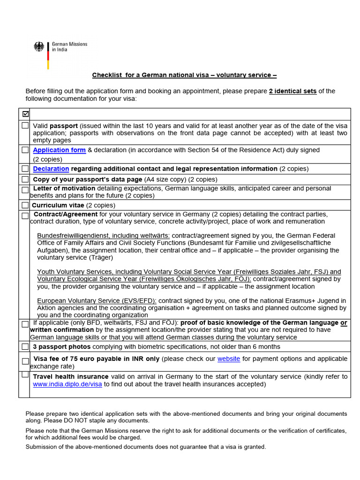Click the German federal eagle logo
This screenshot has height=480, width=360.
[x=39, y=47]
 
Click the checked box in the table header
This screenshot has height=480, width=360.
[x=25, y=114]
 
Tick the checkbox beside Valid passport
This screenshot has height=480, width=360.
[x=25, y=126]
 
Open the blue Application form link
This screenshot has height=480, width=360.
[x=59, y=150]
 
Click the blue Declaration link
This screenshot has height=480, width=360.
[x=51, y=169]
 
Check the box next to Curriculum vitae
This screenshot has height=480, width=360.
[x=25, y=205]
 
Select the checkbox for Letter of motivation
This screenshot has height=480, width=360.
[x=25, y=190]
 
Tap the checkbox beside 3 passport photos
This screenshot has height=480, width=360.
[x=25, y=347]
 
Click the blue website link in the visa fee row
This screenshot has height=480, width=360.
[x=229, y=359]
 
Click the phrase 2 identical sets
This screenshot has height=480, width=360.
[x=292, y=91]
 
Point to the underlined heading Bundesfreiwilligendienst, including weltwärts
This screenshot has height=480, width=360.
[x=104, y=235]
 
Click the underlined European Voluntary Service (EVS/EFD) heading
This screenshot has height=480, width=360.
[x=97, y=300]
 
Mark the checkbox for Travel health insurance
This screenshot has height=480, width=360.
[x=25, y=375]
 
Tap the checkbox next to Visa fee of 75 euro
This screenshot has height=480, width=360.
[x=25, y=361]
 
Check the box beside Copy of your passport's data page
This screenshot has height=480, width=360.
[x=25, y=180]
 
